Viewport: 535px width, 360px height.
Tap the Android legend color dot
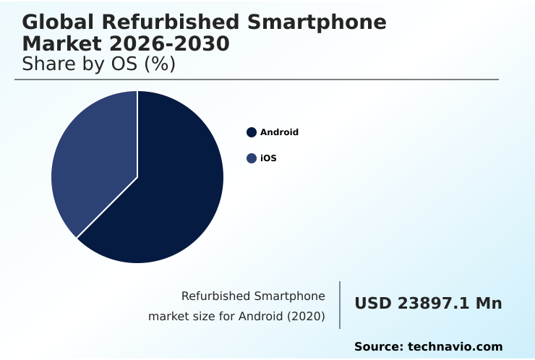(x=252, y=132)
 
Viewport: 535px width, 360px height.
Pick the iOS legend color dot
(x=252, y=158)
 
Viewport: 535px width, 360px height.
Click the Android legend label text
(x=279, y=132)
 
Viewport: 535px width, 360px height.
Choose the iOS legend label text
(x=268, y=158)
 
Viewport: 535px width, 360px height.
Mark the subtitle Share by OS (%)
(x=99, y=64)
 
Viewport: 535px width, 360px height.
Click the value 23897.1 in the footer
(x=436, y=304)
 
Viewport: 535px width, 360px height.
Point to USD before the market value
(x=373, y=304)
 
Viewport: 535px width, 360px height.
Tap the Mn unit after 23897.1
(x=489, y=304)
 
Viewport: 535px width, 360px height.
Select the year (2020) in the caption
(x=307, y=316)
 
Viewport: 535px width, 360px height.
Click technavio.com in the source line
(x=455, y=347)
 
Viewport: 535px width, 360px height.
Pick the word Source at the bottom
(x=378, y=347)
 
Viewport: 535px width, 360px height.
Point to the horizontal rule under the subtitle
(x=257, y=80)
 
